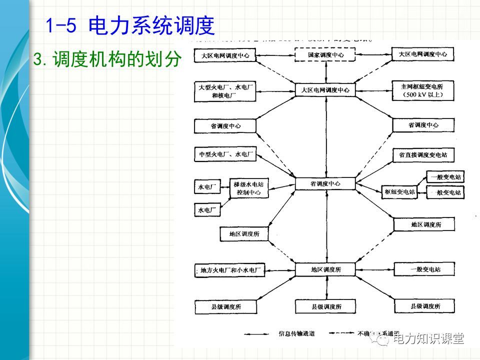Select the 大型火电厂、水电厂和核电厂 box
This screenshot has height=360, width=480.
[x=224, y=91]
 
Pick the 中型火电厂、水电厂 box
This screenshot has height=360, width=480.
[x=224, y=155]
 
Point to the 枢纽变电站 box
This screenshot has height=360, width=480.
[x=400, y=191]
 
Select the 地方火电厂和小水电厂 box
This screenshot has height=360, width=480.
[x=228, y=270]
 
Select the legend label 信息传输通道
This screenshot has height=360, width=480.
[x=296, y=333]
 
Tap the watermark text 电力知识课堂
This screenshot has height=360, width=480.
[x=428, y=339]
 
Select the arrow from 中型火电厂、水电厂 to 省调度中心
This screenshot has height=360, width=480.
[x=275, y=169]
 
